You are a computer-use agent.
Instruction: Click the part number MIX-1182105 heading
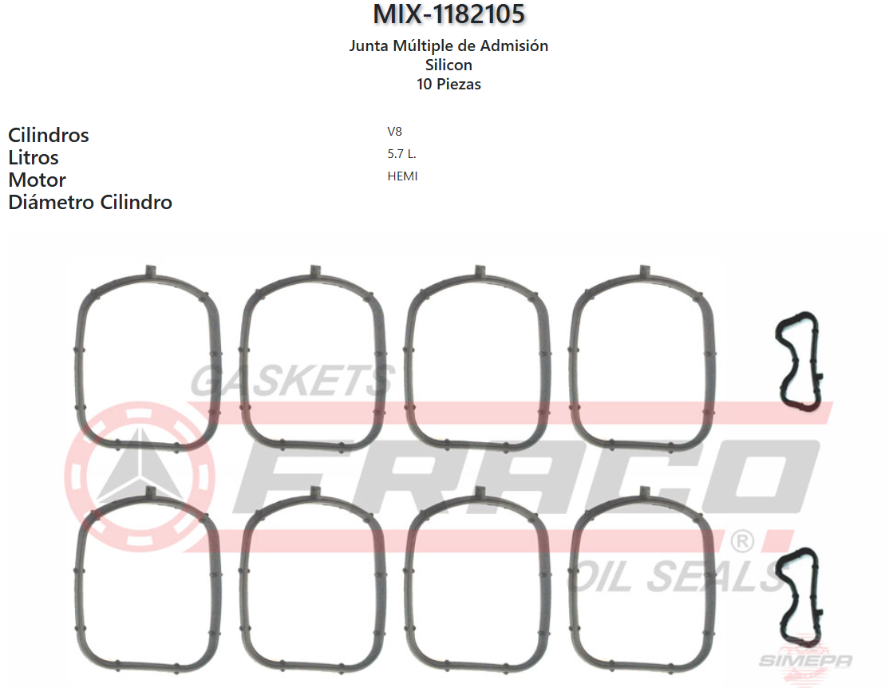click(448, 14)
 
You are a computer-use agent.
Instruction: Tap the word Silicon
click(448, 65)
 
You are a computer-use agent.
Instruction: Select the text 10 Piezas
click(448, 84)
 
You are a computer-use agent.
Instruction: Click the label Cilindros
click(48, 135)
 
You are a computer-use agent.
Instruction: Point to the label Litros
click(34, 157)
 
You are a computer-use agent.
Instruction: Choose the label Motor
click(37, 180)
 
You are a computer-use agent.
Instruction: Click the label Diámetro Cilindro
click(90, 202)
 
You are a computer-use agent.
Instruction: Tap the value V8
click(394, 132)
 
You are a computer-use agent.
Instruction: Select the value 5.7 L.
click(401, 154)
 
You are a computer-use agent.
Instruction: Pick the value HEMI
click(402, 176)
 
